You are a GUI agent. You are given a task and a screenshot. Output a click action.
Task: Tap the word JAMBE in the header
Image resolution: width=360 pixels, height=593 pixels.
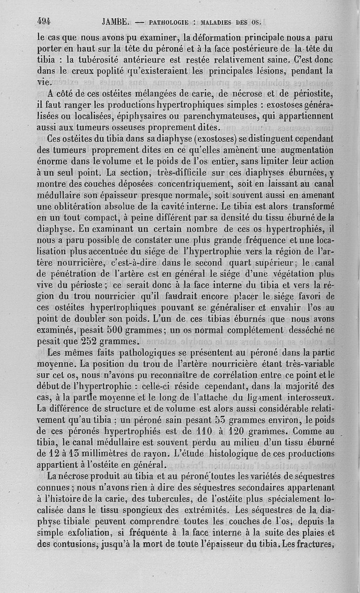(116, 21)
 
